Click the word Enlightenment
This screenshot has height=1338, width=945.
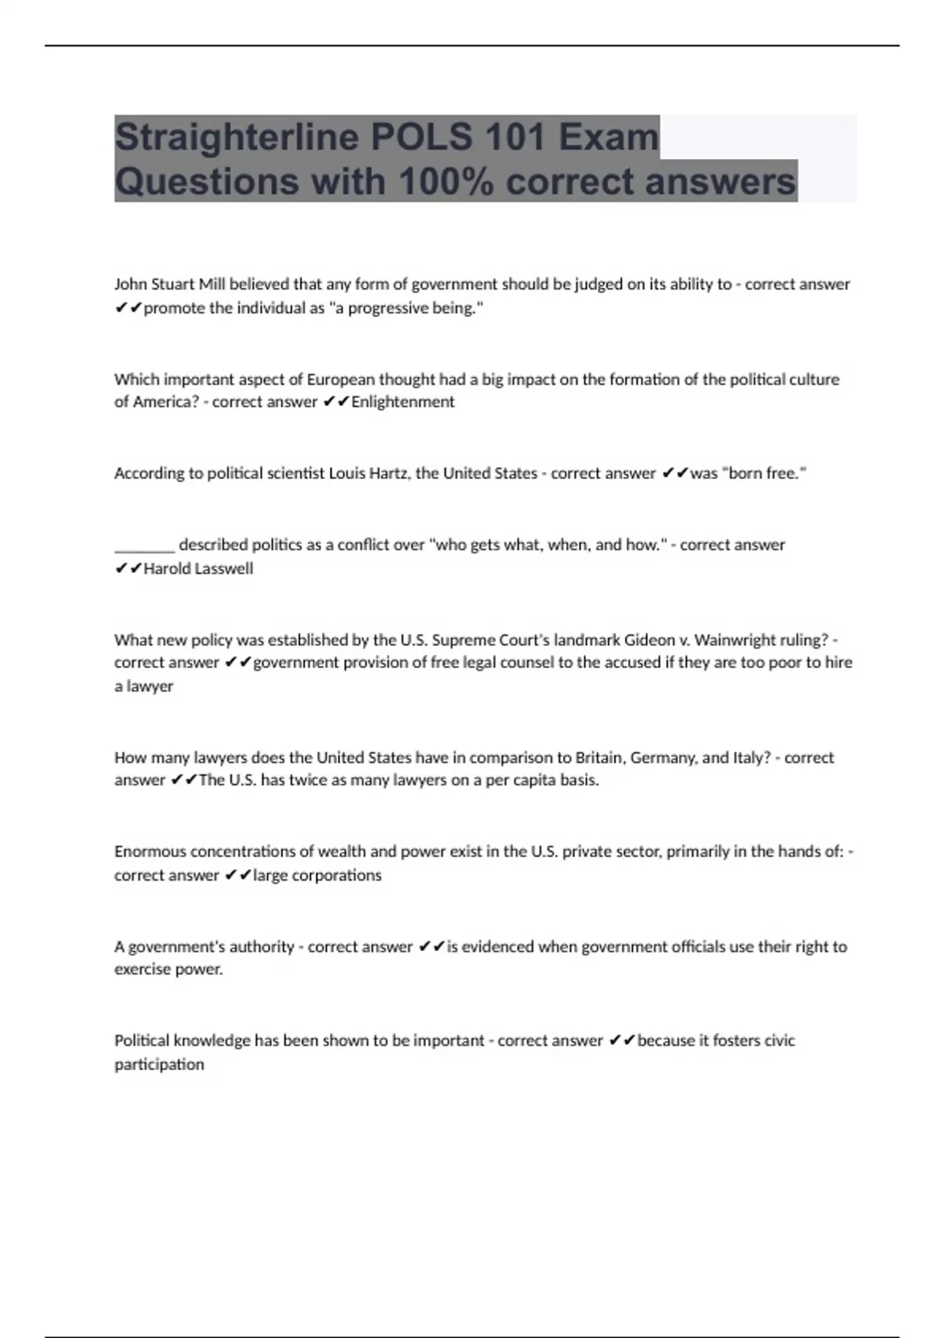[403, 402]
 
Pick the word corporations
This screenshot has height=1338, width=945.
[336, 875]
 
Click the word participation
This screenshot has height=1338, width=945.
[159, 1064]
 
